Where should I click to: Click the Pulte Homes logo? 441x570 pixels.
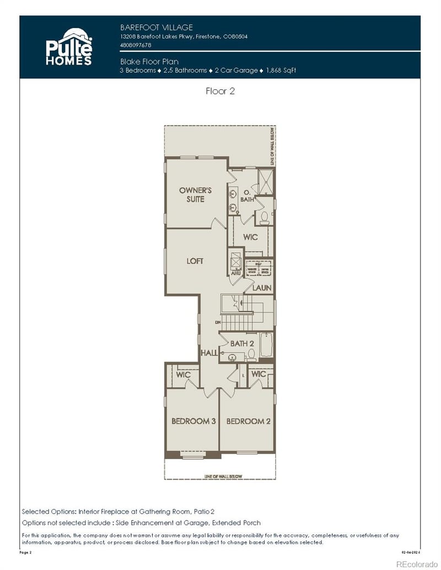[68, 47]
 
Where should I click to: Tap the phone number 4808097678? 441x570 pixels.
[136, 45]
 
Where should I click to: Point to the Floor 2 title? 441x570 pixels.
[220, 91]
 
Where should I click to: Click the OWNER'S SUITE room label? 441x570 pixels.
[195, 194]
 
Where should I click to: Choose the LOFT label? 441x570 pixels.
[195, 261]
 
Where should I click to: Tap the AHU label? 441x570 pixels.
[235, 273]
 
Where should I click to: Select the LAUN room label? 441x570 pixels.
[261, 287]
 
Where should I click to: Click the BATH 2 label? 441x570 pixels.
[242, 344]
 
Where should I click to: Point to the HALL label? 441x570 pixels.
[209, 352]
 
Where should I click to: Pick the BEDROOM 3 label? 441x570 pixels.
[193, 421]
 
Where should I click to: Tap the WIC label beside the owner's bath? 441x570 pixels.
[250, 237]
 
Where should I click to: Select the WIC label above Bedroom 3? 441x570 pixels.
[183, 374]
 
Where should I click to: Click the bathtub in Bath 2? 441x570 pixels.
[266, 346]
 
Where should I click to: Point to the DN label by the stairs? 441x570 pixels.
[218, 322]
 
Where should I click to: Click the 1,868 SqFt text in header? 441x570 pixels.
[281, 70]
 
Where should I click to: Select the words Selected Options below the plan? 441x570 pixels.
[49, 511]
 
